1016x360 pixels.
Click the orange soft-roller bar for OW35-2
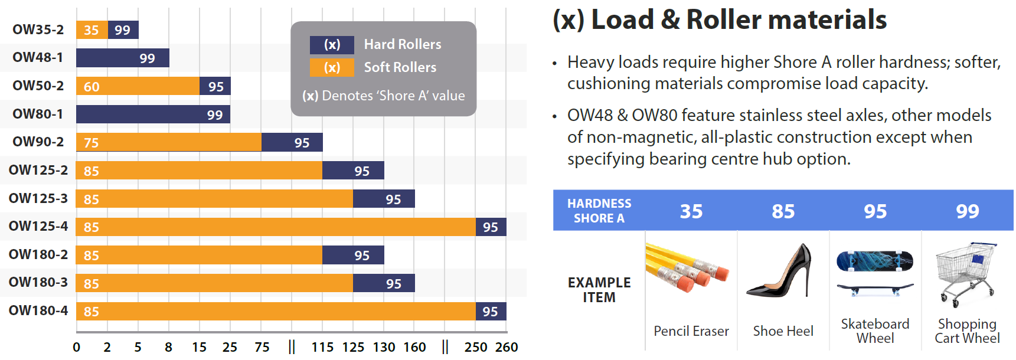(92, 30)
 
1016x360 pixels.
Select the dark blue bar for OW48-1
(123, 58)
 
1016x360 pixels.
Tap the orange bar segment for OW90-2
(169, 142)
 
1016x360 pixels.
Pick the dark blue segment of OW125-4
(491, 227)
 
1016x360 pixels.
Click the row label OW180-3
(38, 282)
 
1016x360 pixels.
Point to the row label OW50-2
(38, 86)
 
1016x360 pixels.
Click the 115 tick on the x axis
(322, 347)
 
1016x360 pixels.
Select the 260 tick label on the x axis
(507, 347)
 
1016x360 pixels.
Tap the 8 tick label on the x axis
(169, 347)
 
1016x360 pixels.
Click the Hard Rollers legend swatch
(332, 45)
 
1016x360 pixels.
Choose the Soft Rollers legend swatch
(332, 67)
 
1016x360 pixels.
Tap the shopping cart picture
(966, 274)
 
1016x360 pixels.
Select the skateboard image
(875, 273)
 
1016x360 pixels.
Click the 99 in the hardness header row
(968, 211)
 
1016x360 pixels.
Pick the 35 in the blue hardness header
(691, 211)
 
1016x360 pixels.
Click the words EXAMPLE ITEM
(599, 290)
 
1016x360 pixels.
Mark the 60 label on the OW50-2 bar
(92, 87)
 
